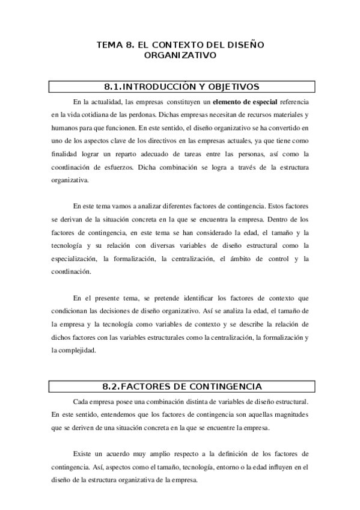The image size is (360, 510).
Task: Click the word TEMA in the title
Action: [x=110, y=45]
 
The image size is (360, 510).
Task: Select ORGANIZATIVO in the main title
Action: [x=180, y=55]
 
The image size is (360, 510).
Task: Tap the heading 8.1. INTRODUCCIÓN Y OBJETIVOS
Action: [x=180, y=86]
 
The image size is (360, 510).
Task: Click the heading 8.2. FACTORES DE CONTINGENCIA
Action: [x=180, y=386]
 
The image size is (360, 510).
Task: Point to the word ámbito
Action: [x=243, y=259]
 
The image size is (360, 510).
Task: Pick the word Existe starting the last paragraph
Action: [x=83, y=452]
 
